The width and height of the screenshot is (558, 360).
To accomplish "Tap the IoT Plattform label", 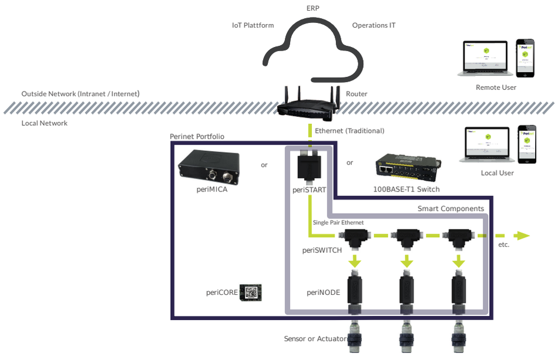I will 253,25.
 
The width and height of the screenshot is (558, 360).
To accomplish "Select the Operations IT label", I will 374,25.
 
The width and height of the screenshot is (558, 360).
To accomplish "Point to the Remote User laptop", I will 485,59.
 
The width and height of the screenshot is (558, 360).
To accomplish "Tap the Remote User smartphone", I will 525,58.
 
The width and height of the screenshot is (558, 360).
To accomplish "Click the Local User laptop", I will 486,144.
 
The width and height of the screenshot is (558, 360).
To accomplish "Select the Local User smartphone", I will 527,143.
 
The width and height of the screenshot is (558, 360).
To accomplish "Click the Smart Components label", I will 451,208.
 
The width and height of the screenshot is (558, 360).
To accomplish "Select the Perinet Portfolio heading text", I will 197,136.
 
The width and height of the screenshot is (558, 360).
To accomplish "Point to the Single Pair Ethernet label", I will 338,223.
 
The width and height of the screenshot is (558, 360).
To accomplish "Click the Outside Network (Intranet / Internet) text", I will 80,94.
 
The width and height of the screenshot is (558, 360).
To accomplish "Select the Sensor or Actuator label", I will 315,339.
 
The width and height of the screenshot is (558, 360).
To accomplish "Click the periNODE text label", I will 323,292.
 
